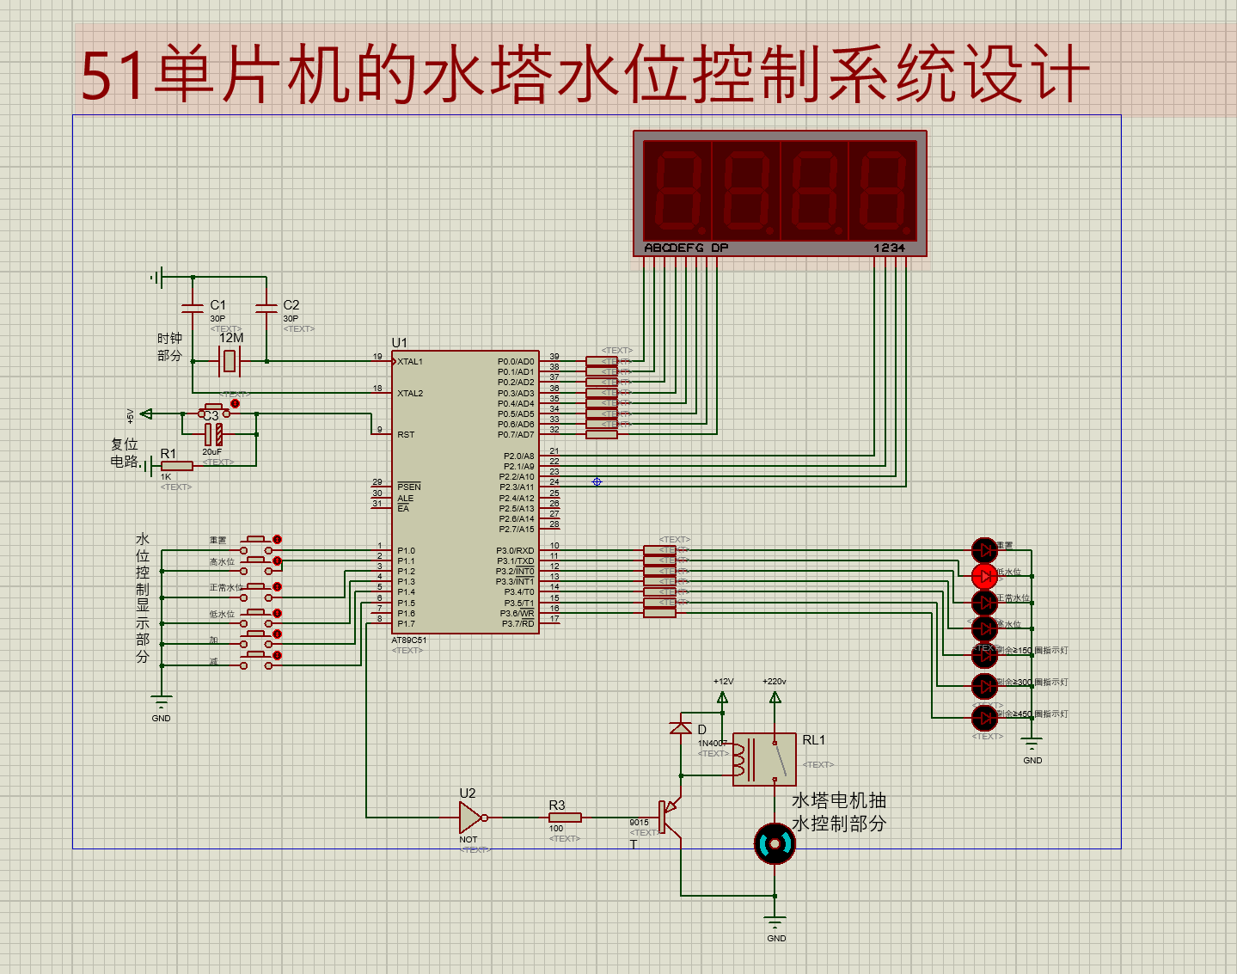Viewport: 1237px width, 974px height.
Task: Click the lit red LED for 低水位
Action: [x=984, y=576]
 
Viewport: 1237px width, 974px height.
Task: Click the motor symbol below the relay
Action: [x=775, y=844]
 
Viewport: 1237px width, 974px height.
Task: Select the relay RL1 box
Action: [x=764, y=759]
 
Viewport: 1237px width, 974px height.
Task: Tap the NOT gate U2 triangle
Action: [x=470, y=818]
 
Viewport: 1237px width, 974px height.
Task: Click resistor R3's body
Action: [x=565, y=818]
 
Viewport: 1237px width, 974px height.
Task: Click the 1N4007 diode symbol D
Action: [x=681, y=727]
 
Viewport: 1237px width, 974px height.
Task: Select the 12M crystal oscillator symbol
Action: [x=229, y=361]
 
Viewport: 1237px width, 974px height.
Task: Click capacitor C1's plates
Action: [x=193, y=307]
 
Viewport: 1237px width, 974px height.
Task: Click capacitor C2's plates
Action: [x=266, y=307]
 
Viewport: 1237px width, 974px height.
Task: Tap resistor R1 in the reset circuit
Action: [x=177, y=466]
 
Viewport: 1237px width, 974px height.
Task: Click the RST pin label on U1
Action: [x=406, y=435]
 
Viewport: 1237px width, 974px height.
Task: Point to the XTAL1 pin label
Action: [x=410, y=362]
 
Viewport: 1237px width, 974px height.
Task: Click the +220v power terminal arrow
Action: [x=775, y=697]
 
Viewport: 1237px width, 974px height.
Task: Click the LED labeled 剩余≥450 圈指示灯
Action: [x=984, y=717]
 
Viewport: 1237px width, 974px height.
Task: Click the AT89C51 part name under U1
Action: [x=409, y=640]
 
